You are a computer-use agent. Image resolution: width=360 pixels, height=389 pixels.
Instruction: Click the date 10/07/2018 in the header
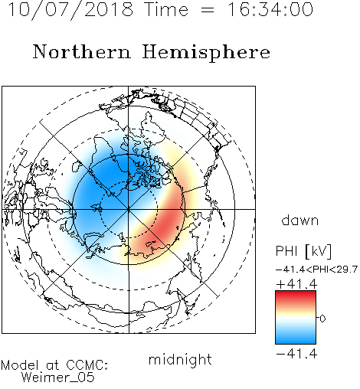click(x=70, y=10)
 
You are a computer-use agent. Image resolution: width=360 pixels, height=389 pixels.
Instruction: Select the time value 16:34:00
click(x=270, y=10)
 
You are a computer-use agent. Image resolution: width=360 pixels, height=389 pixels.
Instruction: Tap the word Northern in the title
click(x=82, y=51)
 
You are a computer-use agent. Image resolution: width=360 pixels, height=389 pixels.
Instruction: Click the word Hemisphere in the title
click(x=206, y=53)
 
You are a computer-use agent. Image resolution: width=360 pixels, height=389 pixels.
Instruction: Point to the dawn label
click(x=300, y=220)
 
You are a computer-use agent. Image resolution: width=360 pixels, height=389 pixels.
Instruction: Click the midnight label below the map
click(x=180, y=360)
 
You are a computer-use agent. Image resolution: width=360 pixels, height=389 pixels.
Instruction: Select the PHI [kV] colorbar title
click(x=303, y=251)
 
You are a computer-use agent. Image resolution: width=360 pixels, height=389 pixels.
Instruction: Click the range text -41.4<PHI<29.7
click(x=316, y=270)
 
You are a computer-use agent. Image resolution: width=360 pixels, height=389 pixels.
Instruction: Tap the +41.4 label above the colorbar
click(x=296, y=284)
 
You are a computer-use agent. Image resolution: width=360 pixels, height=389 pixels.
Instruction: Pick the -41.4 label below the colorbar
click(x=296, y=354)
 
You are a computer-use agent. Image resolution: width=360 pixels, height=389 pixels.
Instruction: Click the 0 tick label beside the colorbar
click(x=322, y=319)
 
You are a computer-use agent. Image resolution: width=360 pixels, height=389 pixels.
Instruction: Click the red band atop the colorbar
click(x=296, y=296)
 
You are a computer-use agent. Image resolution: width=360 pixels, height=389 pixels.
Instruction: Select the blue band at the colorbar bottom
click(x=296, y=338)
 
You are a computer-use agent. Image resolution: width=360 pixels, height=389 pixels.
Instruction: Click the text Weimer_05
click(x=58, y=378)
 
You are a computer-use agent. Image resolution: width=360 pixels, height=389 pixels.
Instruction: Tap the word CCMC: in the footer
click(x=87, y=365)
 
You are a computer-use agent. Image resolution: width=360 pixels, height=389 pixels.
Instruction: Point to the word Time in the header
click(x=166, y=10)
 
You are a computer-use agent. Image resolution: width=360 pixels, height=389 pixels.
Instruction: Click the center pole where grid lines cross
click(x=129, y=209)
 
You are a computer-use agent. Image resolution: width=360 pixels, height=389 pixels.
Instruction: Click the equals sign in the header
click(x=208, y=10)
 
